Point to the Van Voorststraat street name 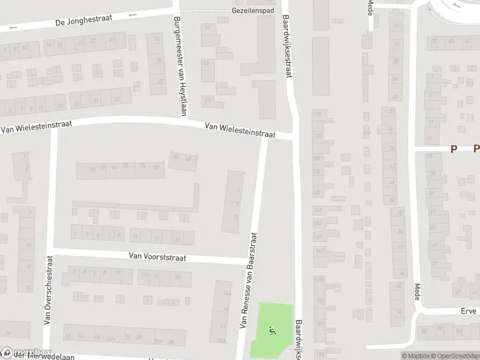tap(157, 257)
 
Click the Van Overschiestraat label tap(49, 290)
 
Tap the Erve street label tap(469, 311)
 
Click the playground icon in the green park tap(272, 330)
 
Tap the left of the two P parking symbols tap(454, 149)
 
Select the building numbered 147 tap(319, 251)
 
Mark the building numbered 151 tap(319, 280)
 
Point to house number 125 tap(318, 114)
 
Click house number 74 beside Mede tap(398, 312)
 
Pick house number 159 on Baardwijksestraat tap(319, 325)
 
